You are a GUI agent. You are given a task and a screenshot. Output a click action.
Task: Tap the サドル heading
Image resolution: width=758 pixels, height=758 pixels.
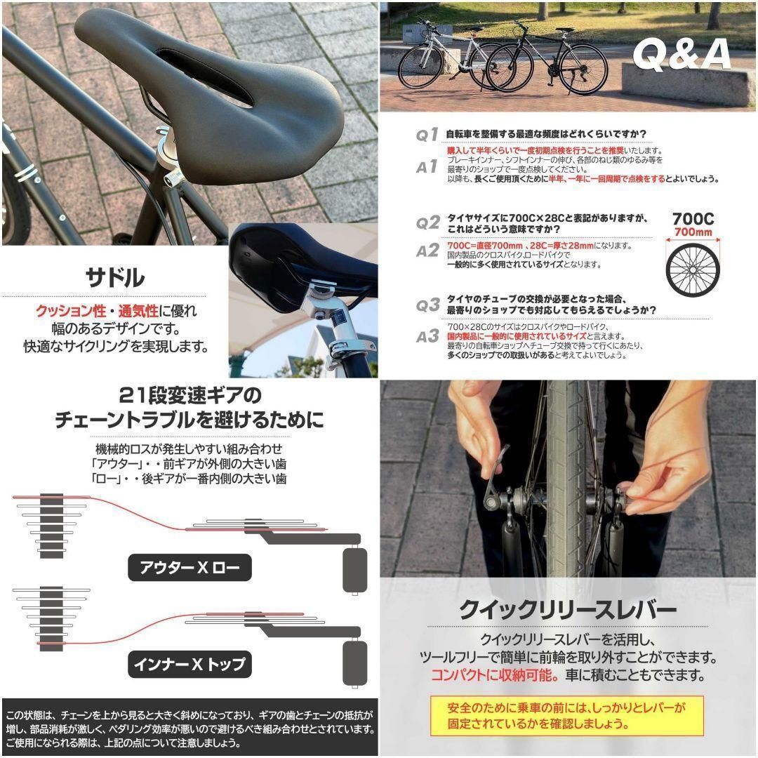tap(115, 277)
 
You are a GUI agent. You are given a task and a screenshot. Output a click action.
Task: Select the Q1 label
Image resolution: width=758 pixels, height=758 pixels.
tap(427, 135)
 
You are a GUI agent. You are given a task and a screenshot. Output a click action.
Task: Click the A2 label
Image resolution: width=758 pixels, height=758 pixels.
tap(427, 251)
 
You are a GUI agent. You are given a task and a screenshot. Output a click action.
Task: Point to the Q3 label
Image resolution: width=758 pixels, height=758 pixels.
tap(427, 305)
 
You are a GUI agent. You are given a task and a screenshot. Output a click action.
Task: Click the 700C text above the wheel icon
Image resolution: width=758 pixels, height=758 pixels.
tap(693, 218)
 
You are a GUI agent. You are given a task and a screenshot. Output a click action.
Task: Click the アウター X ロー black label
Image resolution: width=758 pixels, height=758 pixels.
tap(189, 567)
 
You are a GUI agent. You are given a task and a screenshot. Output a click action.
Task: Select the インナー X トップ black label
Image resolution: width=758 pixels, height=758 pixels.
tap(189, 663)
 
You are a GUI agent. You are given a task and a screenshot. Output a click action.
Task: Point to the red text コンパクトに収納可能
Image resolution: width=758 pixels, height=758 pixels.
tap(492, 676)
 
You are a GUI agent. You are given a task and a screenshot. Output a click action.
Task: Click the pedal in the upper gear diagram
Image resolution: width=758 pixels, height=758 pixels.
tap(355, 570)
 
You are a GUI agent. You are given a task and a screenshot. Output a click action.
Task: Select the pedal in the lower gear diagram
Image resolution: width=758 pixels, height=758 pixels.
tap(355, 664)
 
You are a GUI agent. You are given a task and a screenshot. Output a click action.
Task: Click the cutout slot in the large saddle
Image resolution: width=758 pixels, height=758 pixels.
tap(204, 77)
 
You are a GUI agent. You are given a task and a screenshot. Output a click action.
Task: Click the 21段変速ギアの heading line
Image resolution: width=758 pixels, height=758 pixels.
tap(189, 393)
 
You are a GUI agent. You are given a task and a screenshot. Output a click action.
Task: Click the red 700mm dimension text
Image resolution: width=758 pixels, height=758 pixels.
tap(693, 232)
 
